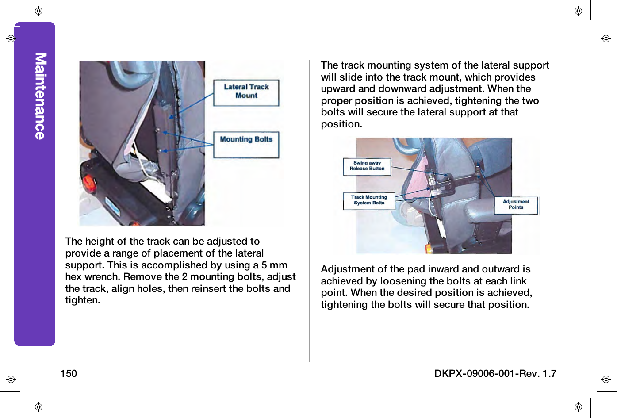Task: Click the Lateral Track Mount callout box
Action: click(x=246, y=92)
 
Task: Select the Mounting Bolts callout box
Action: click(x=246, y=144)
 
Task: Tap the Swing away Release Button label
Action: click(x=367, y=166)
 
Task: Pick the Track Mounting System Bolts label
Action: click(x=369, y=200)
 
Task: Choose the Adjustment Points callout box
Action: click(x=516, y=205)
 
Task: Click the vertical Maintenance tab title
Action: click(x=40, y=96)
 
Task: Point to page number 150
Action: click(x=69, y=374)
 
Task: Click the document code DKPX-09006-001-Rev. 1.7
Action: click(x=495, y=374)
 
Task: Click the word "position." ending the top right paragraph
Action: click(x=341, y=124)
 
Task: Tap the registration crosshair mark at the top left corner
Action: click(x=38, y=11)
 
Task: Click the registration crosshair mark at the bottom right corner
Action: click(x=578, y=407)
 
